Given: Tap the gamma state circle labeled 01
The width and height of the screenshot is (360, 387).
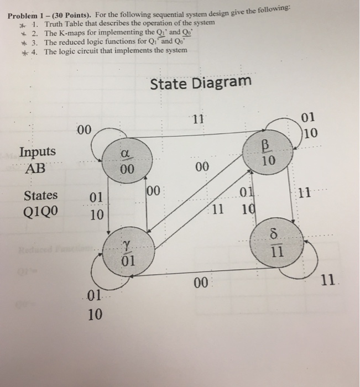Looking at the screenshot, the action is [x=127, y=253].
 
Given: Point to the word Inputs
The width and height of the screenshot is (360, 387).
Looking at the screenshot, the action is [x=37, y=152].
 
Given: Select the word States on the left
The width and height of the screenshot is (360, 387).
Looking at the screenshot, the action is [x=40, y=195].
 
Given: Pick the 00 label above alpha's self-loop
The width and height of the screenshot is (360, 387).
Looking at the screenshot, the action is [x=84, y=130].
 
